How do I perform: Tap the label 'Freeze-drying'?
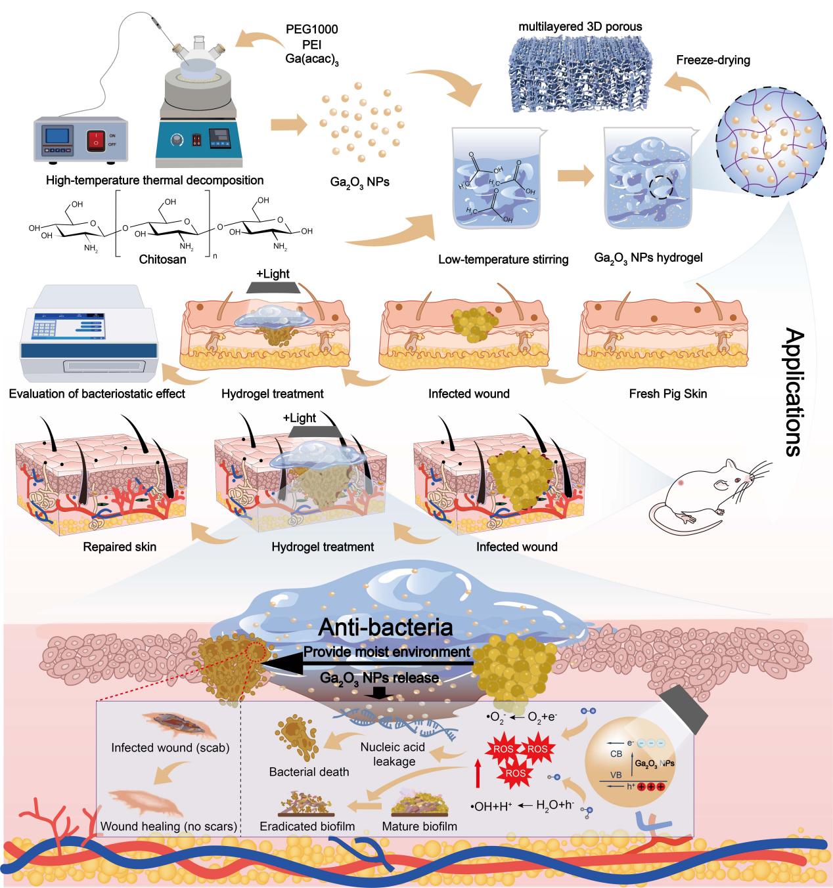tap(713, 60)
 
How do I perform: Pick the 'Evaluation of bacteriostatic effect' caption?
tap(97, 394)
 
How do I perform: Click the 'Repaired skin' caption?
tap(120, 546)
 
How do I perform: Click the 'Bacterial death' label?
tap(309, 772)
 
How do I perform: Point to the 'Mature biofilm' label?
tap(419, 826)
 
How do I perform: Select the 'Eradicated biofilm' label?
tap(307, 826)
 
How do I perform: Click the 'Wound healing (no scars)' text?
tap(169, 826)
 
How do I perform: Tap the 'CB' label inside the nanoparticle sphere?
tap(616, 754)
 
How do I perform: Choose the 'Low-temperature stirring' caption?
tap(503, 259)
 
